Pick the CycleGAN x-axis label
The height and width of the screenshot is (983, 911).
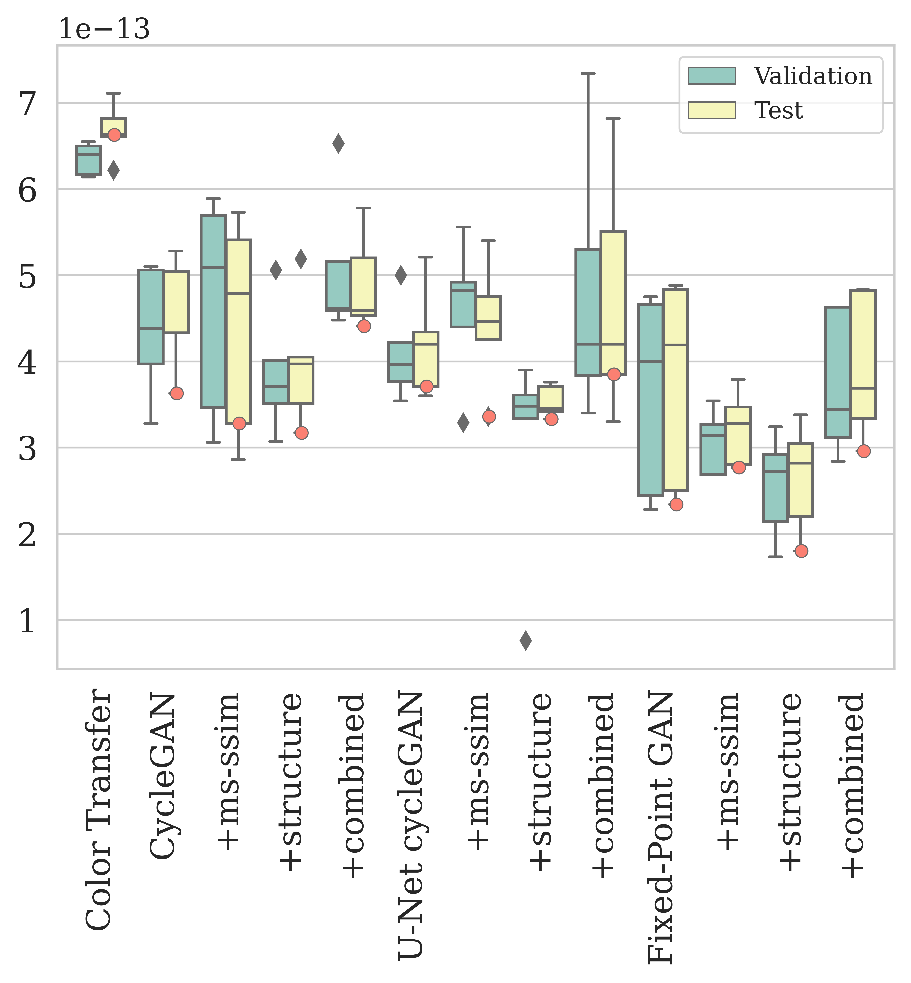pyautogui.click(x=163, y=776)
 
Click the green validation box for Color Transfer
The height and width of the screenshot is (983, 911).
pyautogui.click(x=88, y=160)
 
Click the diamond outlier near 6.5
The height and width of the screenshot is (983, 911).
pyautogui.click(x=338, y=143)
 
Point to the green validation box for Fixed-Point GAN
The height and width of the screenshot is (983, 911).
pyautogui.click(x=650, y=399)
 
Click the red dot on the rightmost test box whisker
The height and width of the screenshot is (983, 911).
pyautogui.click(x=863, y=451)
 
